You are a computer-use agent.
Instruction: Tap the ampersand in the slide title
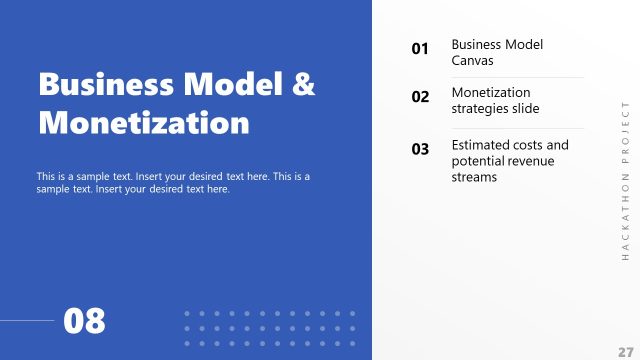click(303, 85)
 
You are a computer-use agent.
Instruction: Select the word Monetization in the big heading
click(144, 123)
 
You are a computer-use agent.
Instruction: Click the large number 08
click(84, 321)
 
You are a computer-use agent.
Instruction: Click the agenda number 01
click(420, 48)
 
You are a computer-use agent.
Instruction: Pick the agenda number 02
click(420, 97)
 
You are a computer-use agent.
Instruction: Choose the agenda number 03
click(420, 149)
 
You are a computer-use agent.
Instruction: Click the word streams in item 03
click(474, 177)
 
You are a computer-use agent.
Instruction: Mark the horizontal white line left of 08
click(27, 321)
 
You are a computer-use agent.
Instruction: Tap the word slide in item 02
click(526, 107)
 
